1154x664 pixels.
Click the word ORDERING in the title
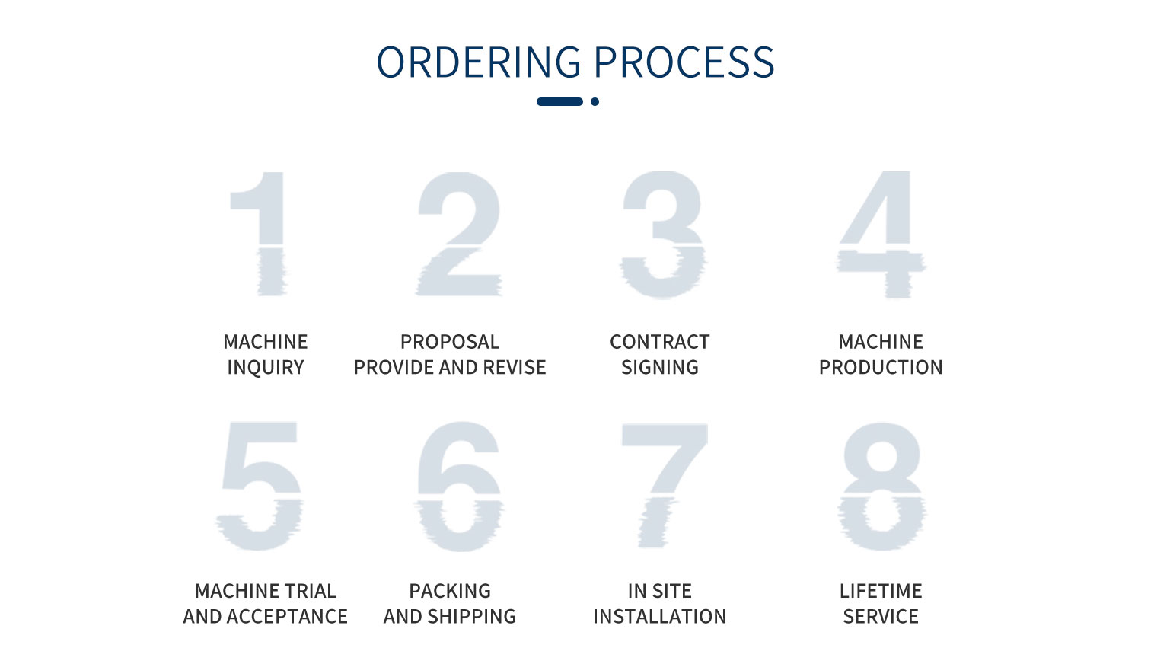point(479,62)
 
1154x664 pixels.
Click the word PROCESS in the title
point(684,62)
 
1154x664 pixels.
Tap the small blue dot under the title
point(595,101)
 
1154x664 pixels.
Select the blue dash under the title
point(559,101)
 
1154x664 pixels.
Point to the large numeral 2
point(459,234)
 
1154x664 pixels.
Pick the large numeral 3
point(663,235)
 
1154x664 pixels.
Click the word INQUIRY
point(266,368)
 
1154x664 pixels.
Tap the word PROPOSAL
point(450,342)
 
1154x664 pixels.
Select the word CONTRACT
point(660,342)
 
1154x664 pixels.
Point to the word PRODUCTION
point(881,368)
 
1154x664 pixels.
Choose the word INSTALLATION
point(660,617)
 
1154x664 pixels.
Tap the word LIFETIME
point(881,591)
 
